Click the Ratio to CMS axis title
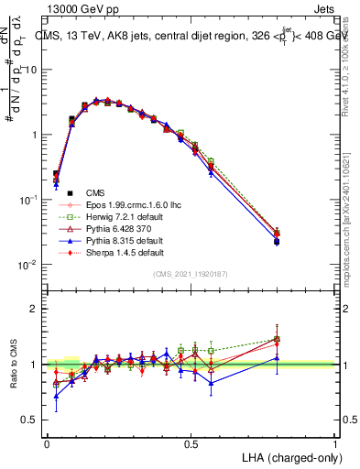13,364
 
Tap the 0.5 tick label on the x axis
191,443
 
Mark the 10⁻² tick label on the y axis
30,265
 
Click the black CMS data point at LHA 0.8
301,241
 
